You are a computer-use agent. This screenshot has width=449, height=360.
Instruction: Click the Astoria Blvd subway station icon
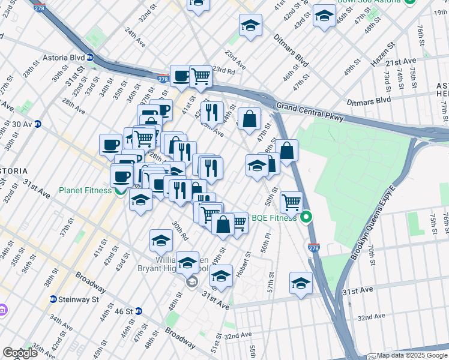(89, 58)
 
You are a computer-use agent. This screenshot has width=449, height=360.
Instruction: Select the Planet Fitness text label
(85, 191)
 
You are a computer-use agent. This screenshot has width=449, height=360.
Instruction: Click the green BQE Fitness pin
(307, 217)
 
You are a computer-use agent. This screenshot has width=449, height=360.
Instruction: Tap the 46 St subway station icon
(138, 311)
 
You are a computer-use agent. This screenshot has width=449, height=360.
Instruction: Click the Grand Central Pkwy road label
(310, 112)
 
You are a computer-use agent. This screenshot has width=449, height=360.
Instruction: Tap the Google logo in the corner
(20, 353)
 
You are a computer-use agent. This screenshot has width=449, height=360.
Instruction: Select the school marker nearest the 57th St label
(301, 282)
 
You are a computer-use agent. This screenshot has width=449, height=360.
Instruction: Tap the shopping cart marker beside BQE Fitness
(291, 202)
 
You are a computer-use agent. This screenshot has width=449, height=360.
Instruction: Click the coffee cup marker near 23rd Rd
(181, 76)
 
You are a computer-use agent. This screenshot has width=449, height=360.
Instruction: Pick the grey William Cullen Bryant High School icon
(191, 283)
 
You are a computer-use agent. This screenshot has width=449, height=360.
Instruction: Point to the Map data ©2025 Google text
(412, 355)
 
